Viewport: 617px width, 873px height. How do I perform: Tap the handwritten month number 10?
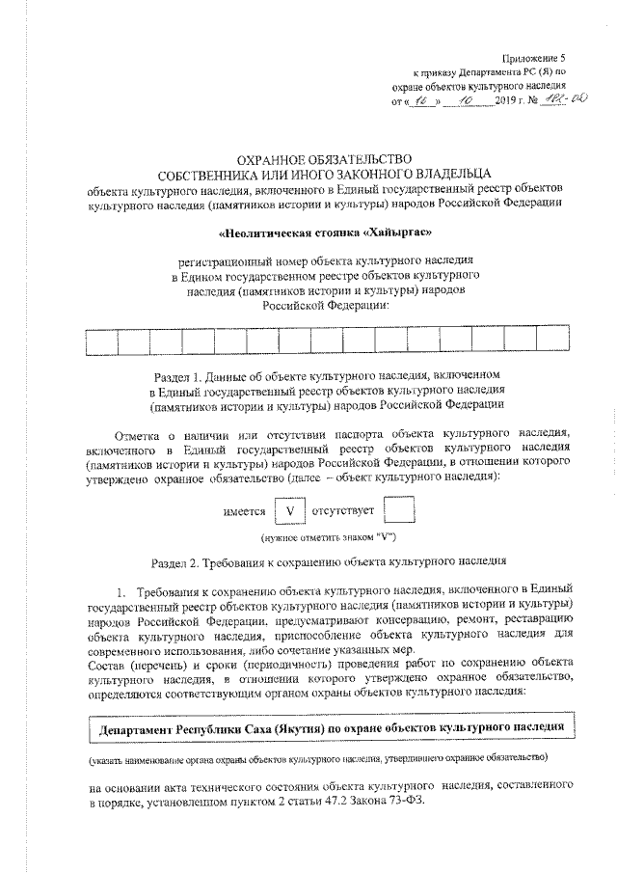(466, 100)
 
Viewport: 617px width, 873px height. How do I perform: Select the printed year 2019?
(506, 100)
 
